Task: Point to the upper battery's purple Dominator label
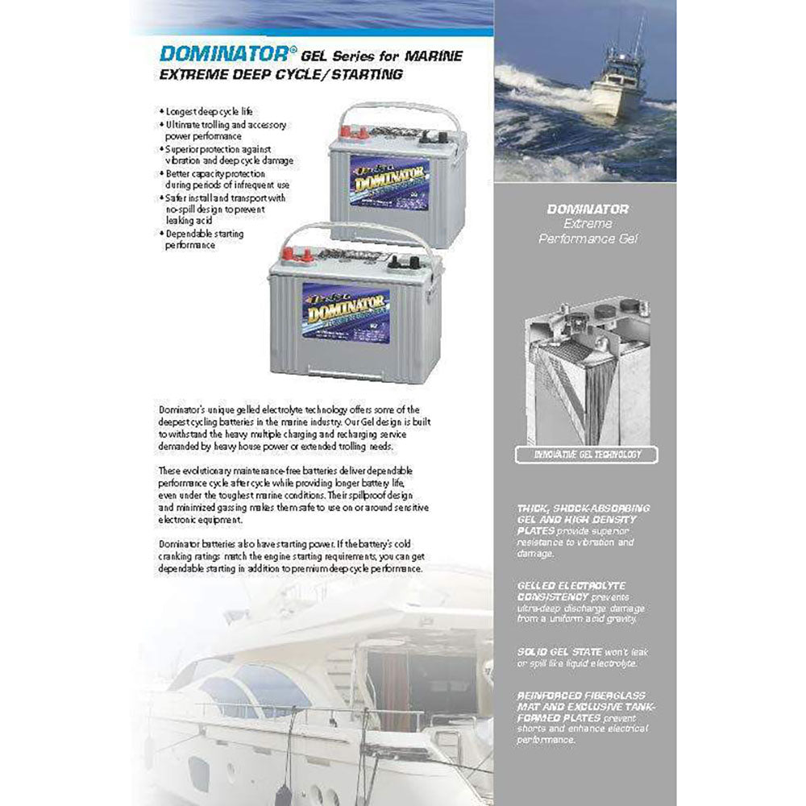pos(388,182)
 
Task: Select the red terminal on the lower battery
pos(306,258)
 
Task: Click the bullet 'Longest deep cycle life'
pos(213,110)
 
